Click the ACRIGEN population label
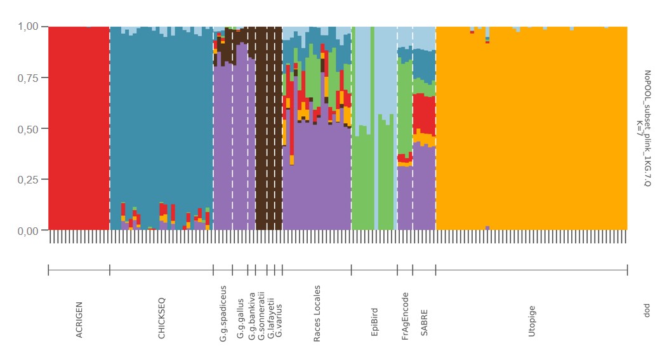click(x=79, y=320)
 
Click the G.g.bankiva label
click(x=252, y=316)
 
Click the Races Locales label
click(x=317, y=314)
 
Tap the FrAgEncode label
click(x=406, y=316)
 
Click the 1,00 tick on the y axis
click(x=29, y=27)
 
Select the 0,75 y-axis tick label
click(x=29, y=77)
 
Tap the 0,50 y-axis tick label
click(x=29, y=128)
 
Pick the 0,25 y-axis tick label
click(x=29, y=179)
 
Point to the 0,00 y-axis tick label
click(x=29, y=230)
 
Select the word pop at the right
click(x=647, y=311)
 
